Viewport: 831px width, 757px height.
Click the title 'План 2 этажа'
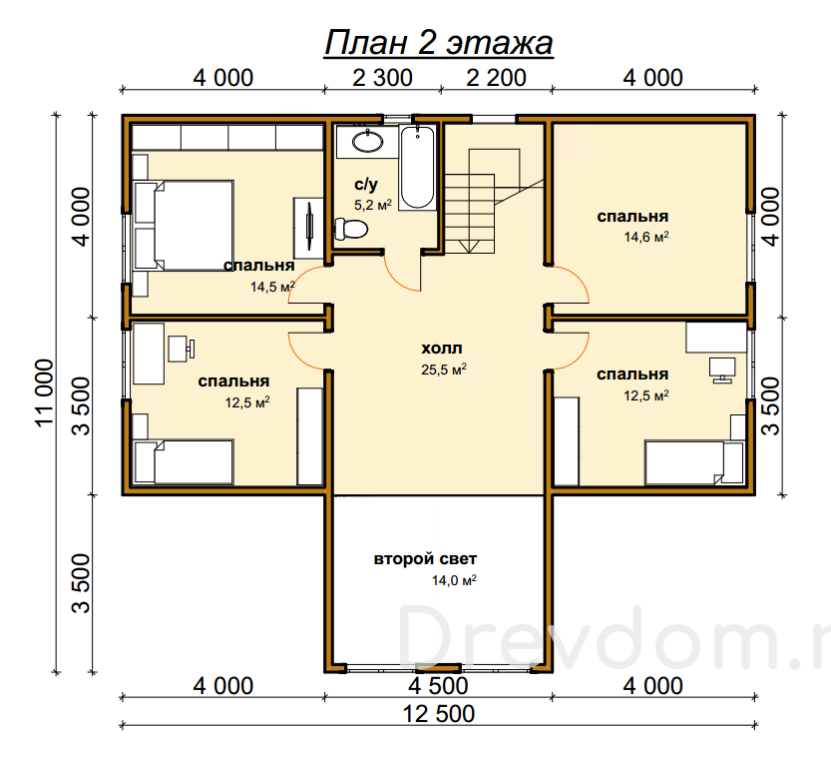click(x=438, y=42)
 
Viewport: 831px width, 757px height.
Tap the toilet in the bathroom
click(x=351, y=229)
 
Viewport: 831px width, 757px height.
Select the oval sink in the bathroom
click(x=368, y=141)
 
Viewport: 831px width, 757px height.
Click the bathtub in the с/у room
click(x=418, y=167)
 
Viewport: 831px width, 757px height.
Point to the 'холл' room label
click(x=442, y=349)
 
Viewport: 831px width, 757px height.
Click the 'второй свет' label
click(x=425, y=558)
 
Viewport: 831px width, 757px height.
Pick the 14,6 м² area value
click(x=646, y=237)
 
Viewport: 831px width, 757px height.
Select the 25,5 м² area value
click(x=444, y=370)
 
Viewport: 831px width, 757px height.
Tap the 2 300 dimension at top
click(x=382, y=78)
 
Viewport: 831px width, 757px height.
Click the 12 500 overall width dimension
click(x=438, y=714)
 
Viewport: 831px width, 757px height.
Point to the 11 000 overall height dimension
click(x=45, y=392)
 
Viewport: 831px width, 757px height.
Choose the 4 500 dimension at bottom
click(x=438, y=686)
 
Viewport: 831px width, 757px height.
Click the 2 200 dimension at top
click(x=496, y=78)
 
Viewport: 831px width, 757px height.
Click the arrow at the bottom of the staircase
click(x=469, y=246)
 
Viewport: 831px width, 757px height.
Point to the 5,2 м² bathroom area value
click(x=373, y=205)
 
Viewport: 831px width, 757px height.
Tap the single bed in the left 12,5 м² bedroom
click(x=184, y=461)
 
